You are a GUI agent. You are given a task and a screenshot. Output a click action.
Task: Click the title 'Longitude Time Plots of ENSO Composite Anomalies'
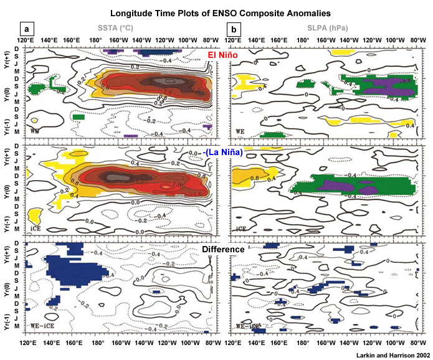(216, 12)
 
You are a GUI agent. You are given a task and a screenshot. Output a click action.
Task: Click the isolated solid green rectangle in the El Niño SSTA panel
(79, 116)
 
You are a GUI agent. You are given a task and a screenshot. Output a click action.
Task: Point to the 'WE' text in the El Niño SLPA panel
(240, 132)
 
